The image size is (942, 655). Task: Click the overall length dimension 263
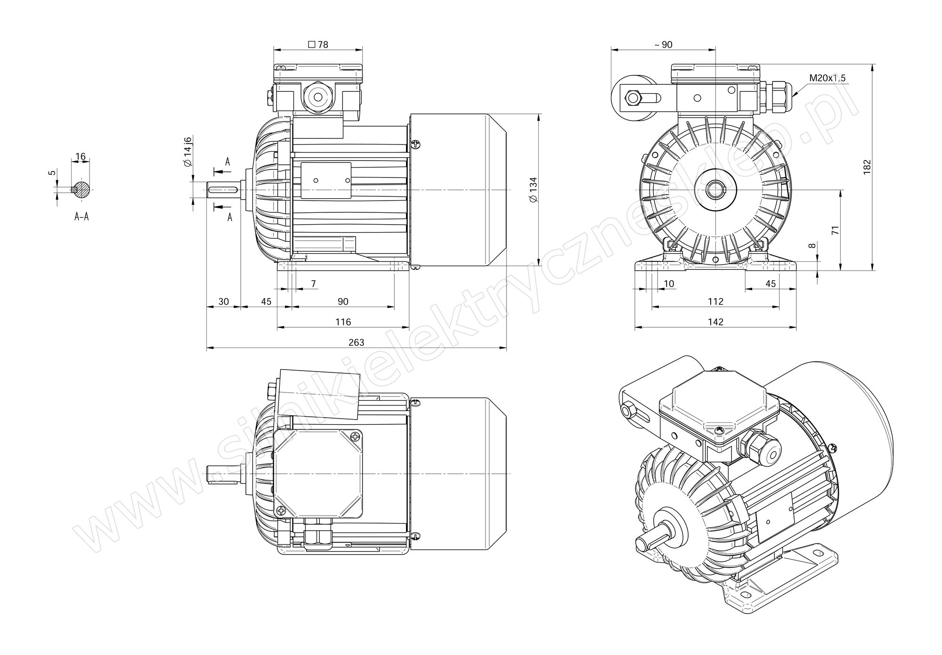coord(356,342)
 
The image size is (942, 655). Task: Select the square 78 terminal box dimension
coord(318,45)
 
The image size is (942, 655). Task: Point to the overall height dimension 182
coord(867,168)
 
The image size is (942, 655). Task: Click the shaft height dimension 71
coord(835,230)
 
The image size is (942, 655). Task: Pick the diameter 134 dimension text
coord(533,190)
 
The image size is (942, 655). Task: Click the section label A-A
coord(81,217)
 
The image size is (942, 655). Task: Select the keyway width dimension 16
coord(80,156)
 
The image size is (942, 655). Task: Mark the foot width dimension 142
coord(715,322)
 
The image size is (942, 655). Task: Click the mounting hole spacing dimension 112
coord(715,301)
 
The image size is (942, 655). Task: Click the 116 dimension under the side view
coord(343,322)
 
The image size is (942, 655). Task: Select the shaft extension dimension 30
coord(224,301)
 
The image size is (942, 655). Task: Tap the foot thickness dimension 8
coord(811,246)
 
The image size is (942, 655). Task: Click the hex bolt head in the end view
coord(631,98)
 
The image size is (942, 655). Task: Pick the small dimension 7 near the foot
coord(313,283)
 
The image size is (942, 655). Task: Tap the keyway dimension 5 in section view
coord(53,173)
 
